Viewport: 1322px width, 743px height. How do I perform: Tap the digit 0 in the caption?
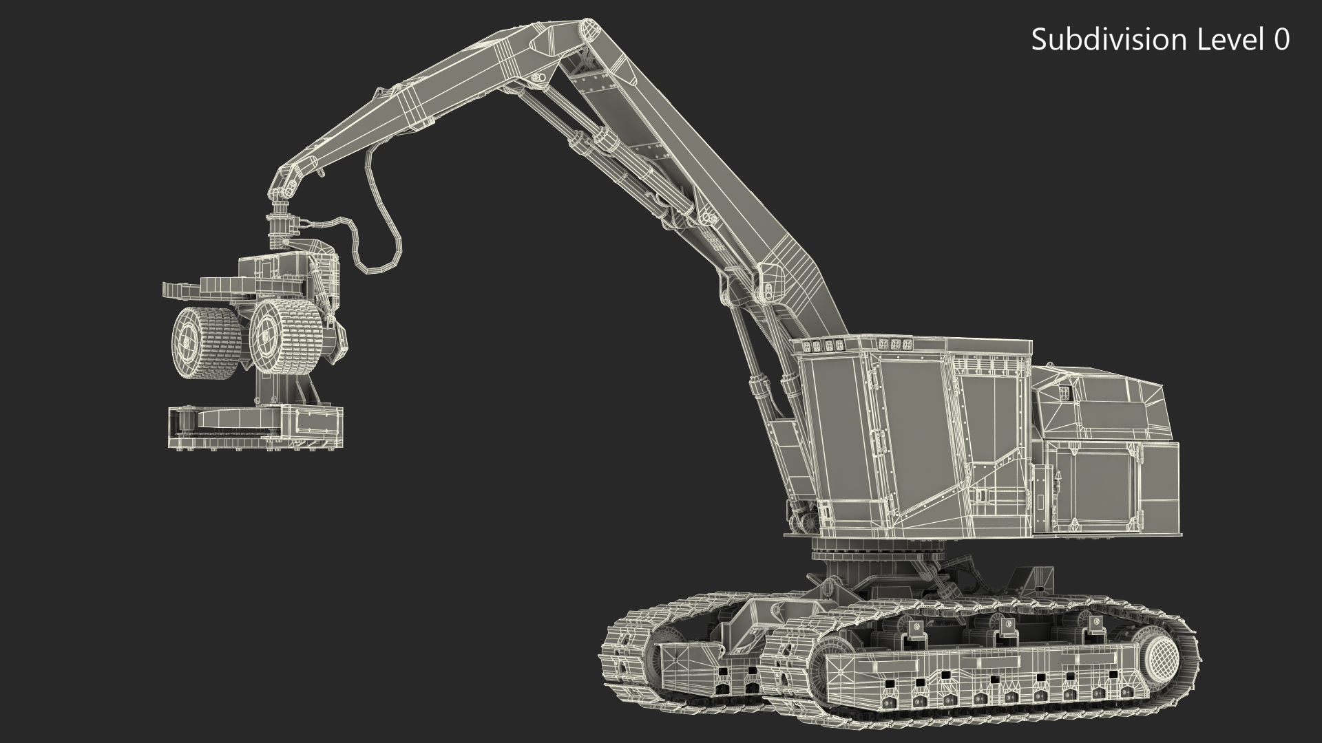tap(1281, 40)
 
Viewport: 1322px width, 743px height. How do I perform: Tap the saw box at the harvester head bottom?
tap(255, 428)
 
